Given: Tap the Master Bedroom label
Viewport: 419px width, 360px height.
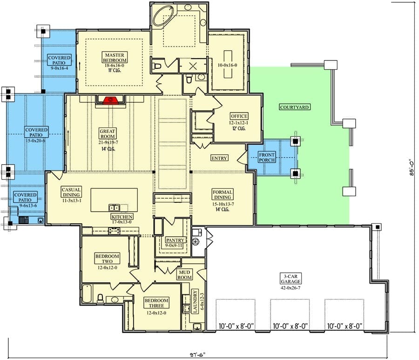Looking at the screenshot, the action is tap(115, 58).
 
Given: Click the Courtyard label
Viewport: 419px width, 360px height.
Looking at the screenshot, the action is tap(295, 107).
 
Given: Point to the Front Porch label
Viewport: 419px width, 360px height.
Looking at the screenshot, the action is tap(266, 157).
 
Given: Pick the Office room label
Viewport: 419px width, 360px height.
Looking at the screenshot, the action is tap(239, 116).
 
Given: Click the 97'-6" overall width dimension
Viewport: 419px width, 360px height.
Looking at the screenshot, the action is tap(197, 355).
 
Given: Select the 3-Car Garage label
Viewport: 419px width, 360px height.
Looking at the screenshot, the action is tap(291, 279).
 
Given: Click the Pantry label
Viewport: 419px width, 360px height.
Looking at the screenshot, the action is tap(175, 240).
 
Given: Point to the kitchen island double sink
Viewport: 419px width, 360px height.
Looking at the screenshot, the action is tap(114, 208).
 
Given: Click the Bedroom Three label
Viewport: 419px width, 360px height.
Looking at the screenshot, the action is tap(156, 303).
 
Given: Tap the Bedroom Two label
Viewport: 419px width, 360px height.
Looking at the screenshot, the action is tap(107, 259).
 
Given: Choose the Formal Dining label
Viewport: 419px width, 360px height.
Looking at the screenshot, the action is tap(223, 194).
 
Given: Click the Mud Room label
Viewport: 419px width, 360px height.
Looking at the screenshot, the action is tap(184, 275).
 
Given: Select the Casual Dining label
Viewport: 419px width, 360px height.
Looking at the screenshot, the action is tap(71, 192).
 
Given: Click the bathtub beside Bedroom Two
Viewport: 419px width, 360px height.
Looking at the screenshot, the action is tap(87, 294).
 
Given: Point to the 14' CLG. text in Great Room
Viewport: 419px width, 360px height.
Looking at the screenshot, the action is tap(108, 149).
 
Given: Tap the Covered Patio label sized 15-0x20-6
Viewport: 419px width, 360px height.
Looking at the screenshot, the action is tap(36, 132).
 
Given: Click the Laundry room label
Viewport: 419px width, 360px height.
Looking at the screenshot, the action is tap(195, 301).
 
